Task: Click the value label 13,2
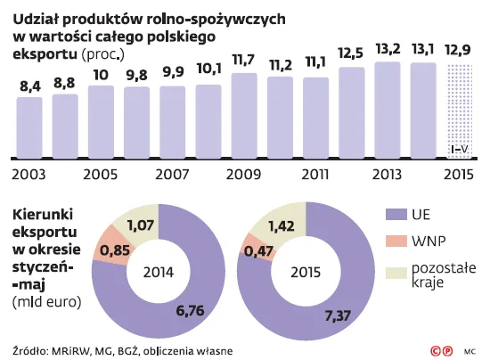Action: point(387,49)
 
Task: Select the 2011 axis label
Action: point(315,174)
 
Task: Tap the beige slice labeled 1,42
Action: point(281,224)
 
